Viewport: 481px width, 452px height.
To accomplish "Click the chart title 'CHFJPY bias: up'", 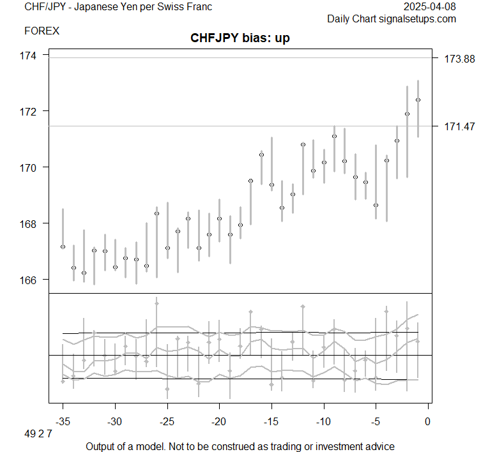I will click(x=240, y=39).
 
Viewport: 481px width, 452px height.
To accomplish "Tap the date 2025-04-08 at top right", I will click(x=431, y=7).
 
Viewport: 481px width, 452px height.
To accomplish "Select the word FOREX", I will click(x=43, y=31).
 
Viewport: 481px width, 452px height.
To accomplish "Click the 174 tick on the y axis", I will click(x=29, y=56).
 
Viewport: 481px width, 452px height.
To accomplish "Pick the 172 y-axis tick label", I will click(x=29, y=112).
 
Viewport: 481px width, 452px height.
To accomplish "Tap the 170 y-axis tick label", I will click(x=29, y=167).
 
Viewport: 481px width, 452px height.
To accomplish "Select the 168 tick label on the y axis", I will click(x=29, y=223).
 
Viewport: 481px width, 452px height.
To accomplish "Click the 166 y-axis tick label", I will click(x=29, y=280).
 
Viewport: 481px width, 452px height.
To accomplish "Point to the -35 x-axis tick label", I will click(x=63, y=421).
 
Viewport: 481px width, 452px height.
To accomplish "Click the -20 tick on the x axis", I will click(x=219, y=421).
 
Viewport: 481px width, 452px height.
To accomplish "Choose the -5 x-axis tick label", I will click(x=376, y=421).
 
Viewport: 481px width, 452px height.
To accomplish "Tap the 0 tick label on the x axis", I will click(x=428, y=421).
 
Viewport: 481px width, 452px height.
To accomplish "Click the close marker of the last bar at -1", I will click(x=418, y=100).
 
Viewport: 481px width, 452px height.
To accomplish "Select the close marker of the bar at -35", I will click(x=63, y=246).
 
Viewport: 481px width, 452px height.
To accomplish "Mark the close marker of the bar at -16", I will click(x=261, y=154).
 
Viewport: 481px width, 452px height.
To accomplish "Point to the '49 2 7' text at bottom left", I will click(x=39, y=435).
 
